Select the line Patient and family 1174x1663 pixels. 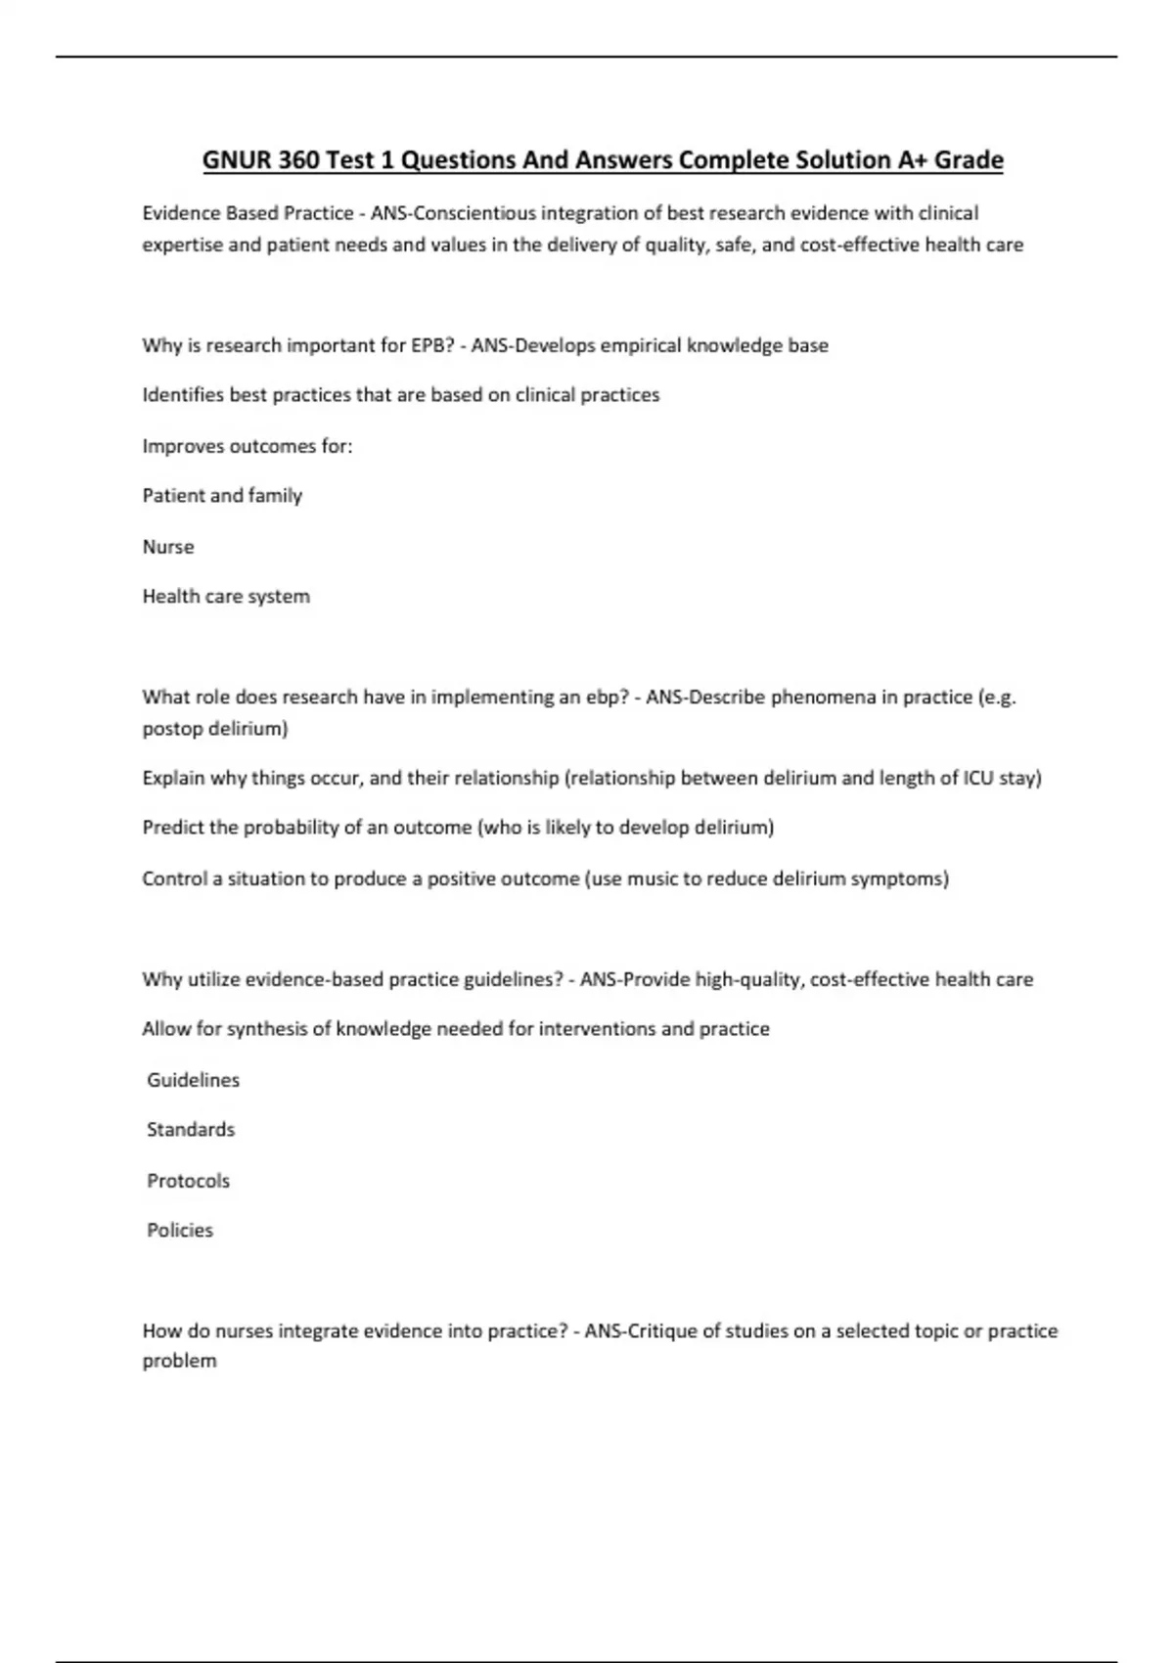(x=222, y=496)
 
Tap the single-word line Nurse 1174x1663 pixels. (x=168, y=547)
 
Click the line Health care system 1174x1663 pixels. (x=226, y=597)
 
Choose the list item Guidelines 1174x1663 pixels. (x=193, y=1080)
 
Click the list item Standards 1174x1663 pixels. (x=191, y=1130)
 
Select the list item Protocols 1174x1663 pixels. (x=188, y=1181)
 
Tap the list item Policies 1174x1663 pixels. (x=180, y=1231)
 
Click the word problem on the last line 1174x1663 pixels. (x=179, y=1361)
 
